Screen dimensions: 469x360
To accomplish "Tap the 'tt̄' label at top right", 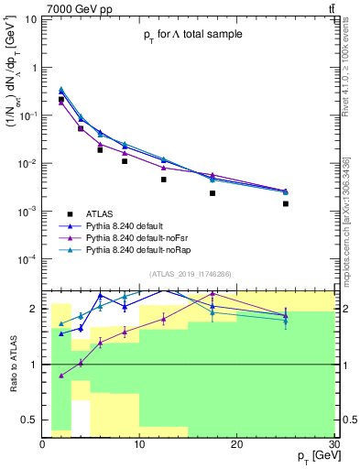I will pos(331,7).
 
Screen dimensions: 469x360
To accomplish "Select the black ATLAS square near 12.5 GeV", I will pos(163,180).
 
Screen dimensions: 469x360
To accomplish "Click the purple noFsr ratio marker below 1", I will pos(61,376).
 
